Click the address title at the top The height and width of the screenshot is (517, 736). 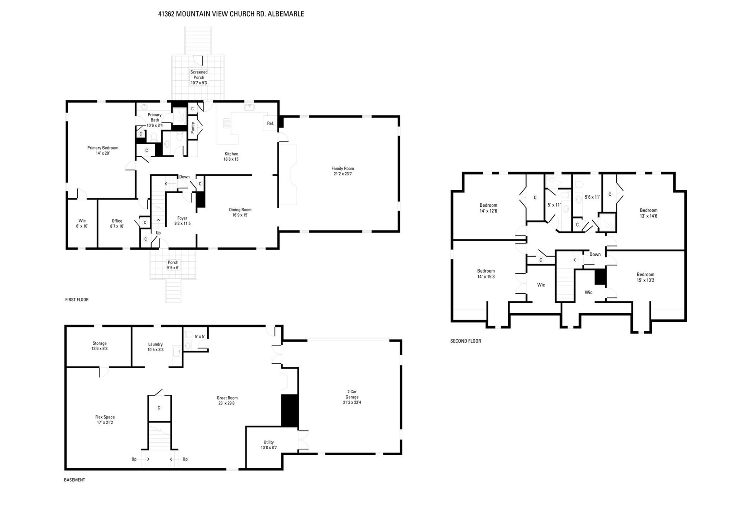coord(231,14)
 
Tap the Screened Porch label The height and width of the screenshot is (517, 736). coord(199,75)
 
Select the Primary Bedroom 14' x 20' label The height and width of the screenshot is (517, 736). coord(102,150)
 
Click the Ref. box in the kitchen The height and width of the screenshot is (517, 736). coord(270,123)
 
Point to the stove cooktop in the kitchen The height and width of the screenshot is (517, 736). coord(227,123)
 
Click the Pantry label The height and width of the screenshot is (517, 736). coord(193,128)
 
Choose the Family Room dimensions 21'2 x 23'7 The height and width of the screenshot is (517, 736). coord(342,174)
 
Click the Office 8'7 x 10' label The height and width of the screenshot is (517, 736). coord(117,224)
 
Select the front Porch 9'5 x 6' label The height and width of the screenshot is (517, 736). coord(173,265)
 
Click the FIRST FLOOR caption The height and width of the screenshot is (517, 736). coord(77,299)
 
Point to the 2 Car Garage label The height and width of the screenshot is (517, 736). coord(352,394)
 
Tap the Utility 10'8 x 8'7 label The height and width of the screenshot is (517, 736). coord(268,445)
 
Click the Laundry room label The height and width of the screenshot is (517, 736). coord(155,344)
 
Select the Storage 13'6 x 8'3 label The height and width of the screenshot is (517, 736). coord(100,346)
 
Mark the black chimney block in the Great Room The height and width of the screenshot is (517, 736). coord(290,411)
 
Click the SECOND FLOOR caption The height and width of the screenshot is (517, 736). coord(465,341)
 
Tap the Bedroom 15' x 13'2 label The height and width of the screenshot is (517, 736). coord(645,277)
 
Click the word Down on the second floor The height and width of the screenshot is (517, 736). coord(595,254)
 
